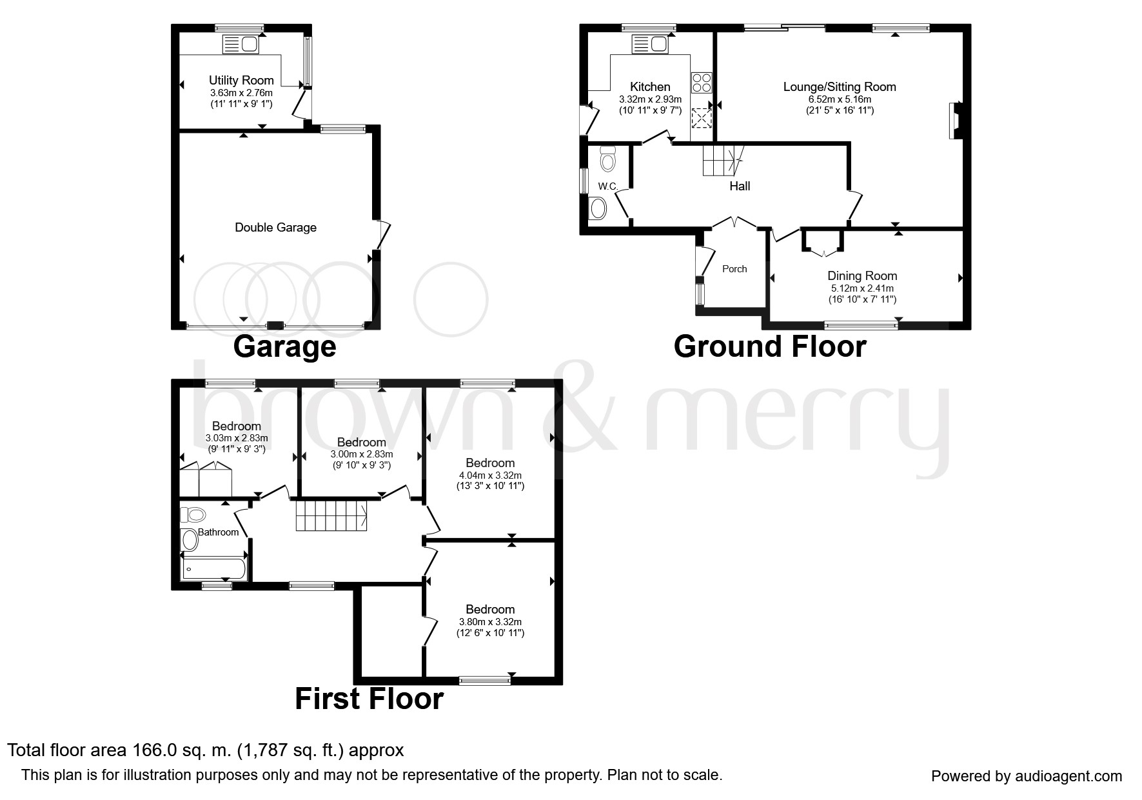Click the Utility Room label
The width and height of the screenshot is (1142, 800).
click(241, 81)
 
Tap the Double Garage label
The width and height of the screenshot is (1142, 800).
click(275, 228)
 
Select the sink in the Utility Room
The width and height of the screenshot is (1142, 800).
click(240, 45)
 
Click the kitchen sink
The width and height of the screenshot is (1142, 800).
click(650, 45)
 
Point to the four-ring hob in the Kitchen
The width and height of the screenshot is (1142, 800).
click(702, 83)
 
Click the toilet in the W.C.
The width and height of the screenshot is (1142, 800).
click(607, 159)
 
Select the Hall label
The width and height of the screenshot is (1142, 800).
click(740, 186)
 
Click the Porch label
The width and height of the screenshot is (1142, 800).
click(734, 269)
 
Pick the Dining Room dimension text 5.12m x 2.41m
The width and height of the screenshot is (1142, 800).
click(862, 288)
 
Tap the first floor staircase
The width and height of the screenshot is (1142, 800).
click(333, 515)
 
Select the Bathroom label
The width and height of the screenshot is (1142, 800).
click(218, 532)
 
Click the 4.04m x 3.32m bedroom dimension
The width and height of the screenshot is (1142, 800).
click(490, 475)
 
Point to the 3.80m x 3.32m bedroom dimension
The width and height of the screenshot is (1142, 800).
click(490, 622)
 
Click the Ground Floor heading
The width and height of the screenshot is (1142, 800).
click(770, 346)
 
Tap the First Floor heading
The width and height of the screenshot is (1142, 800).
click(369, 699)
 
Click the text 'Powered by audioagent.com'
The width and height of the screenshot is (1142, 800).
click(1027, 776)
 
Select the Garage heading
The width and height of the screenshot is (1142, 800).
click(284, 347)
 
